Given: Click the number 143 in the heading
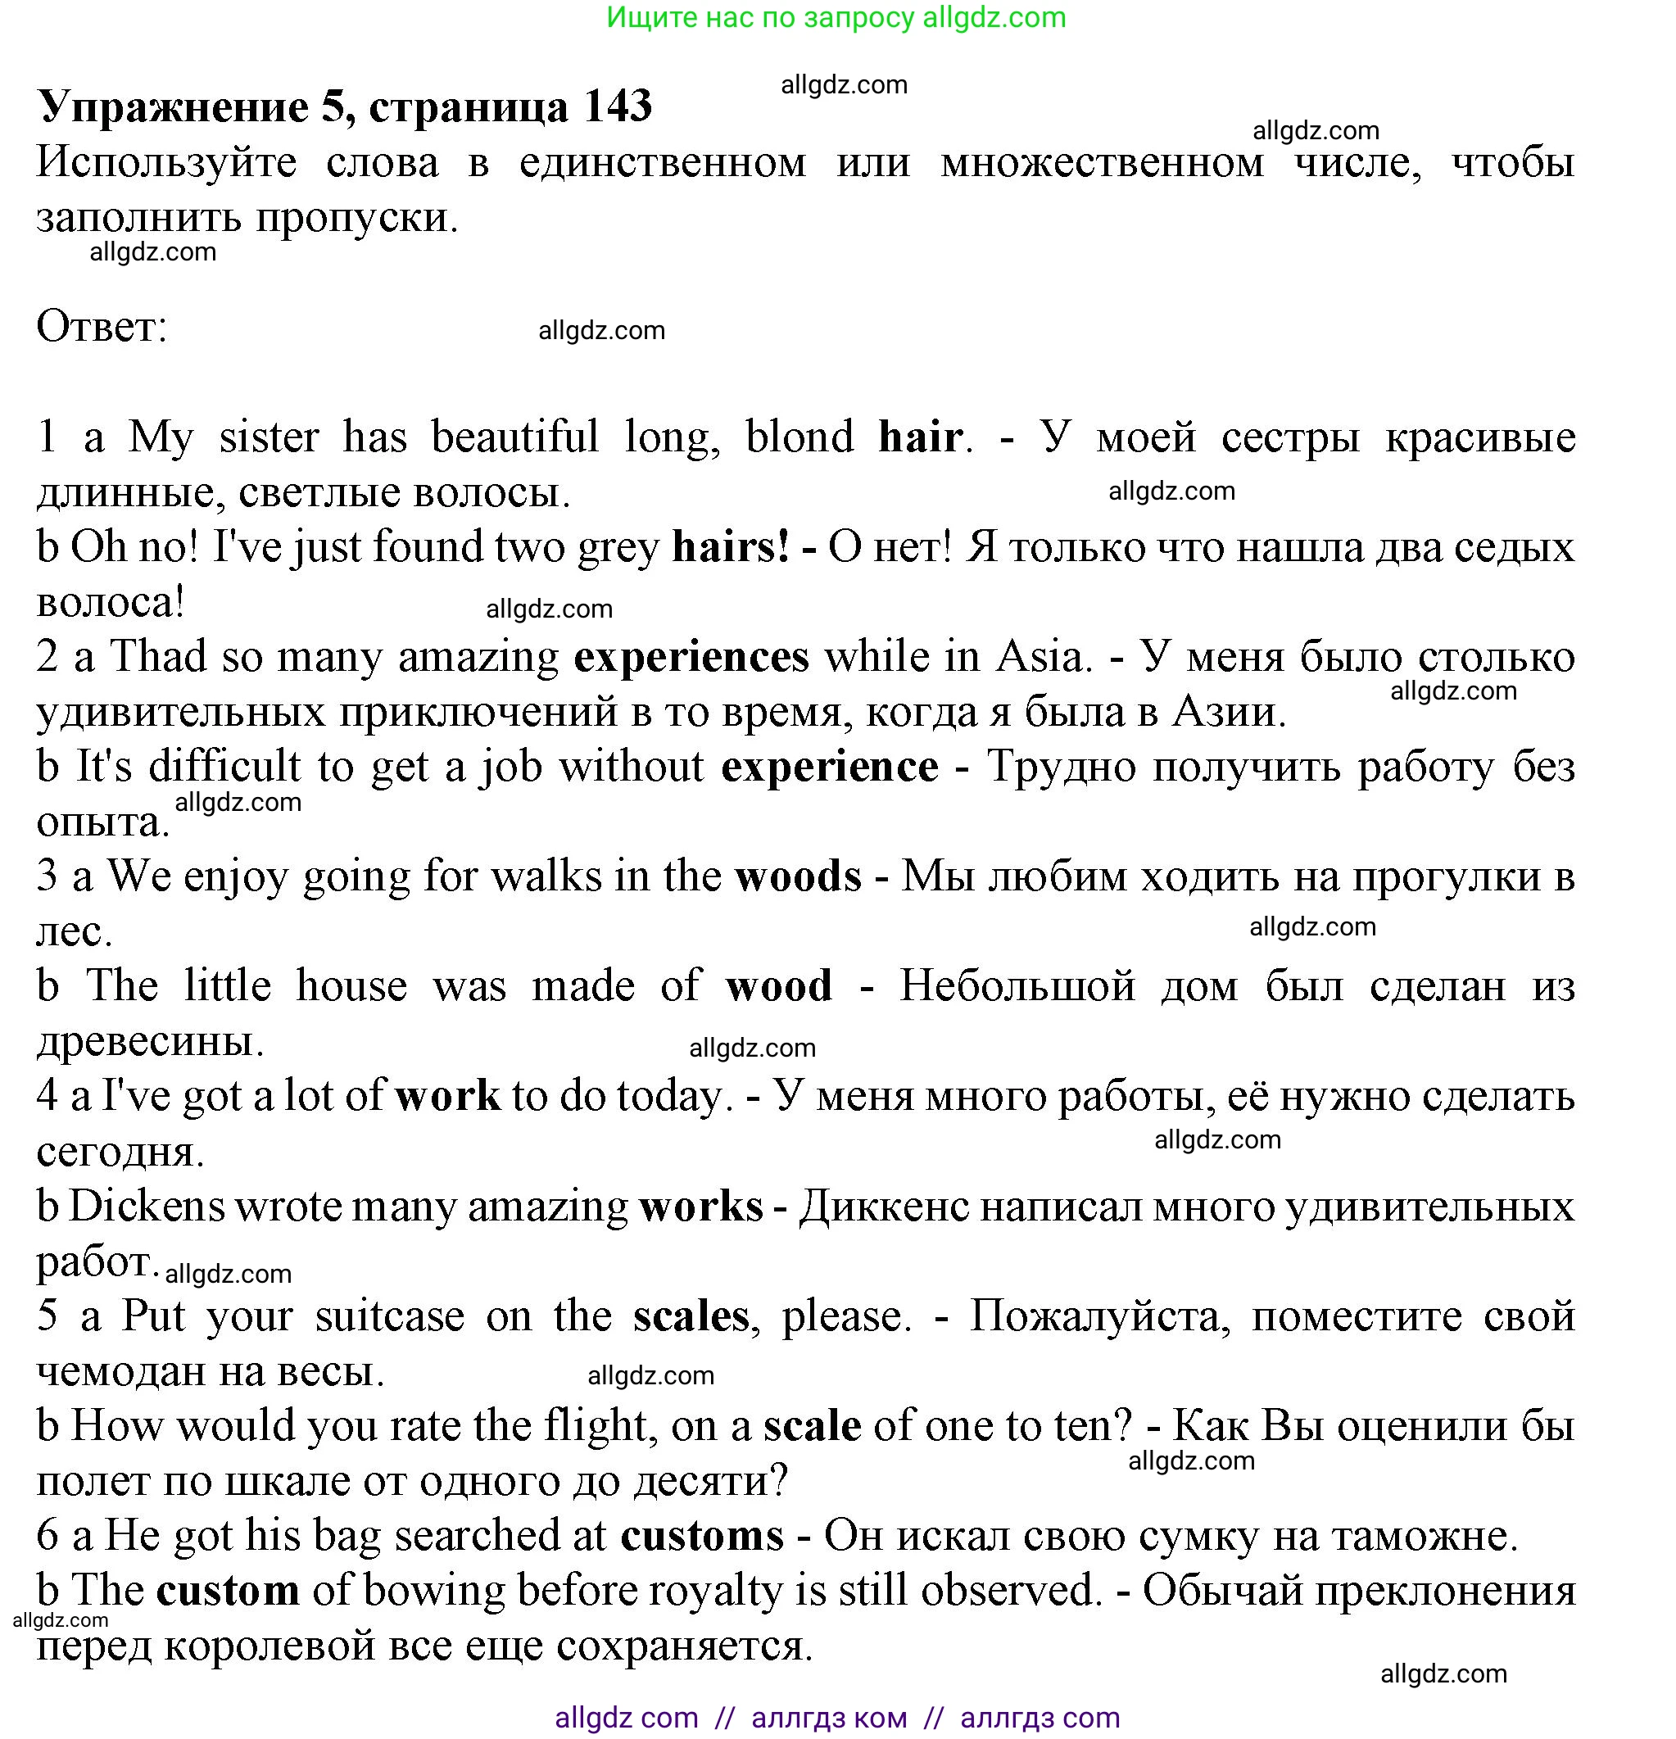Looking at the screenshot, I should coord(618,106).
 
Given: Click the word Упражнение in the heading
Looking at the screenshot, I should coord(173,108).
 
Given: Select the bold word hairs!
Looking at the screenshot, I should coord(730,546).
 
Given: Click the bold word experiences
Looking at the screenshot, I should coord(691,658).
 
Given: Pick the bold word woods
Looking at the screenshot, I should coord(798,876).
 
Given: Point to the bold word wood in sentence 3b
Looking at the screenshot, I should coord(778,986).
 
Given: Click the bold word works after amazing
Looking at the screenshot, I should coord(700,1207).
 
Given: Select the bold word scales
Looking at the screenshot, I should coord(691,1316).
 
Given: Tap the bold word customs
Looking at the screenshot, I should coord(702,1536).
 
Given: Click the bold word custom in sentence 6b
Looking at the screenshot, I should coord(228,1591).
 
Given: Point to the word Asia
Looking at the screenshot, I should coord(1043,658).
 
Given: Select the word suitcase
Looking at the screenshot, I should coord(388,1316).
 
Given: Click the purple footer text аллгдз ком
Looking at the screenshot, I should coord(829,1718).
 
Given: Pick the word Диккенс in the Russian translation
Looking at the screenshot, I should coord(884,1207).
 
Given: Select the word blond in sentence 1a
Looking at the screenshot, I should coord(799,437).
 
